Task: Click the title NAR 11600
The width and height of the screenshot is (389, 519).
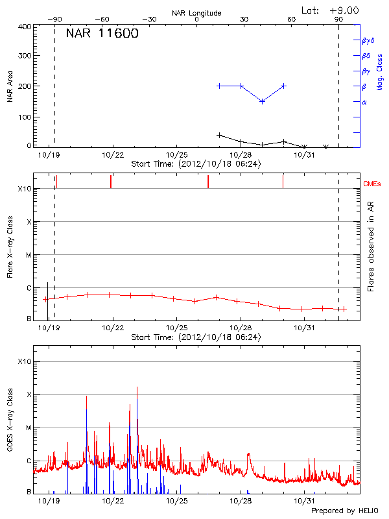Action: click(102, 34)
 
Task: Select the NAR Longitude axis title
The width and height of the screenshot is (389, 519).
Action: click(196, 12)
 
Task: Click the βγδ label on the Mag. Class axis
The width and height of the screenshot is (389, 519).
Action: click(368, 40)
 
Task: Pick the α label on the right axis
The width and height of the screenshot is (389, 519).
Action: click(364, 102)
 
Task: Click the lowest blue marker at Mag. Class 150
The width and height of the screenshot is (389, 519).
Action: click(262, 101)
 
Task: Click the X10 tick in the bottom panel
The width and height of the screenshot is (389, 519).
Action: click(24, 361)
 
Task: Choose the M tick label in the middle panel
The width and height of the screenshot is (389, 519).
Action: click(29, 255)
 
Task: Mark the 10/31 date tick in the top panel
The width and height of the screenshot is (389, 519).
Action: click(304, 155)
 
